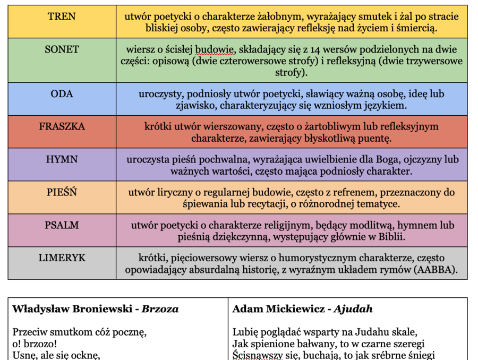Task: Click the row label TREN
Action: point(62,16)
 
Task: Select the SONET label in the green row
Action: point(62,49)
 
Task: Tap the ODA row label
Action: point(62,94)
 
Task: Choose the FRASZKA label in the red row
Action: point(62,127)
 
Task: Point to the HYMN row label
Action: point(62,159)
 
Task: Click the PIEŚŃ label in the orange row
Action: point(62,192)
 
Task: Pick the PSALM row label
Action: point(62,225)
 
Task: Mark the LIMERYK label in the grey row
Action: point(62,258)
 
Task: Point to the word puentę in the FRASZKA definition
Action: point(377,140)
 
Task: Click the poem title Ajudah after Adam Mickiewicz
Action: point(354,309)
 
